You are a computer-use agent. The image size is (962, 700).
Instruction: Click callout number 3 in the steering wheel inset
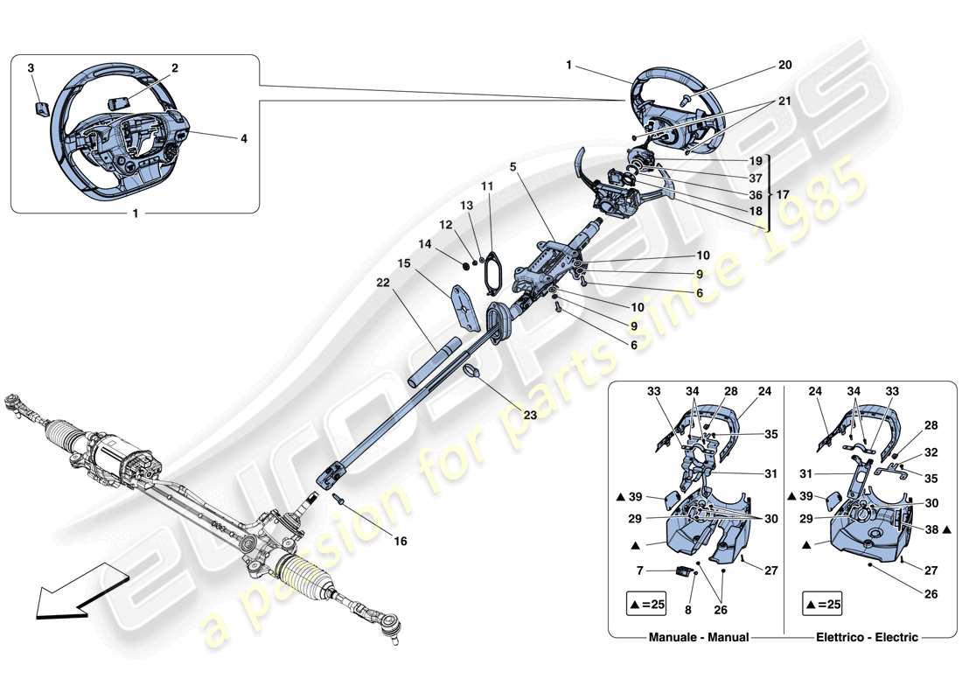[x=31, y=67]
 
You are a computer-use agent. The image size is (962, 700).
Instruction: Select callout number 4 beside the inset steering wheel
[x=243, y=137]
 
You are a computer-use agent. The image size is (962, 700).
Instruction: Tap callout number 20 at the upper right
[x=759, y=65]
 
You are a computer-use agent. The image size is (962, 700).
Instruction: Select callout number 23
[x=530, y=416]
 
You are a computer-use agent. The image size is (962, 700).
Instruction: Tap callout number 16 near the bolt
[x=400, y=542]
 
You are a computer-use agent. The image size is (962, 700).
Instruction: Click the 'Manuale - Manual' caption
[x=699, y=637]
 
